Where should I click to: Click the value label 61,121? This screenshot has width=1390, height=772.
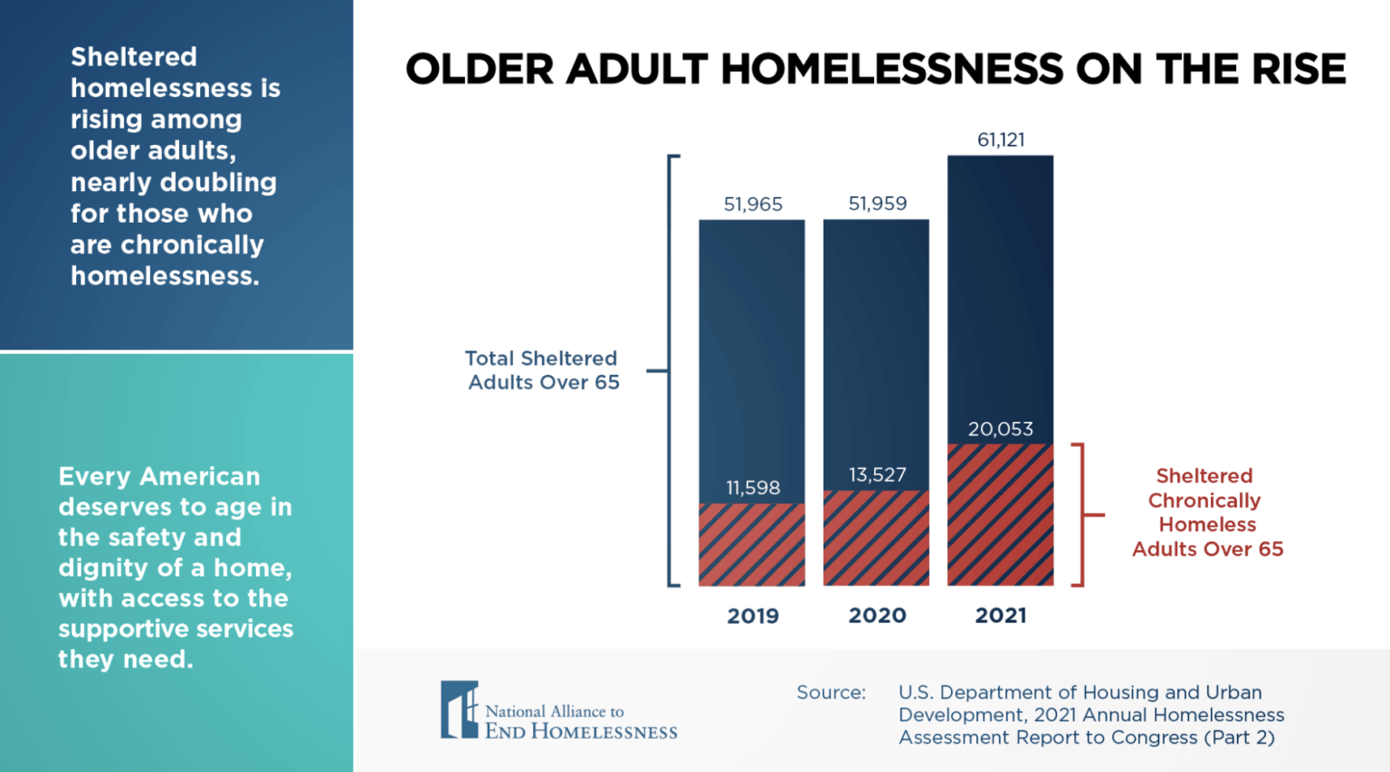(x=1001, y=139)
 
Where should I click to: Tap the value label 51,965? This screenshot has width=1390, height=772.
(x=753, y=204)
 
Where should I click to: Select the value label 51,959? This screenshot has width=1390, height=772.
(x=877, y=204)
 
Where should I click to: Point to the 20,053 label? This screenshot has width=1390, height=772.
(x=1000, y=429)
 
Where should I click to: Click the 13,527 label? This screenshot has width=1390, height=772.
(x=877, y=474)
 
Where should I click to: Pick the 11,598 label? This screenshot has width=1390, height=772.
(x=753, y=488)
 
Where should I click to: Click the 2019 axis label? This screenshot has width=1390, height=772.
(x=753, y=615)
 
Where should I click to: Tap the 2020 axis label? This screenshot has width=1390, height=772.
(x=877, y=615)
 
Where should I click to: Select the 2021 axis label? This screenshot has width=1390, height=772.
(x=1001, y=615)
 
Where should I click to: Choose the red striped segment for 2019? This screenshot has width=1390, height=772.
(x=752, y=545)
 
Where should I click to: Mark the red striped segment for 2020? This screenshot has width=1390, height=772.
(x=876, y=538)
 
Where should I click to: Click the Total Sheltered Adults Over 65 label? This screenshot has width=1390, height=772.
(x=542, y=370)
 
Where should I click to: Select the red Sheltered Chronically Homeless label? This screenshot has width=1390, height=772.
(x=1206, y=512)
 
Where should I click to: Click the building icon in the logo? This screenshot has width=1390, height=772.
(x=459, y=710)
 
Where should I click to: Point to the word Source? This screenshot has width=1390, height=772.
(x=831, y=692)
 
